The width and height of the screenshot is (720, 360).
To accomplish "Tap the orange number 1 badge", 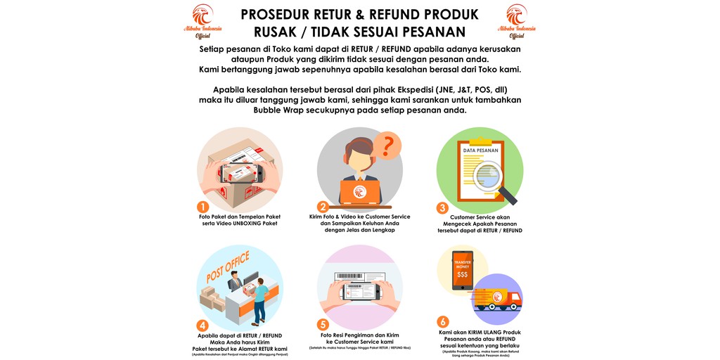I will pos(202,207).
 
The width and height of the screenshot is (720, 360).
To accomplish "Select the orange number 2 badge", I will pos(323,207).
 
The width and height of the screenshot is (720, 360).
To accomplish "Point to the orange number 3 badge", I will pos(442,207).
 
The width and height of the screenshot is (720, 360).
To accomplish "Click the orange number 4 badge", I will pos(202,324).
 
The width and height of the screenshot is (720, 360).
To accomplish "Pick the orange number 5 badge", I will pos(323,324).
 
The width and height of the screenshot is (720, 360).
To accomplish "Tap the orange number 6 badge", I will pos(443,322).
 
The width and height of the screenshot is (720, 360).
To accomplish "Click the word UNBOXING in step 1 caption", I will pos(240,223).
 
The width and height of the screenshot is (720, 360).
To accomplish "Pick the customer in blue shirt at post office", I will pos(259,295).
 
